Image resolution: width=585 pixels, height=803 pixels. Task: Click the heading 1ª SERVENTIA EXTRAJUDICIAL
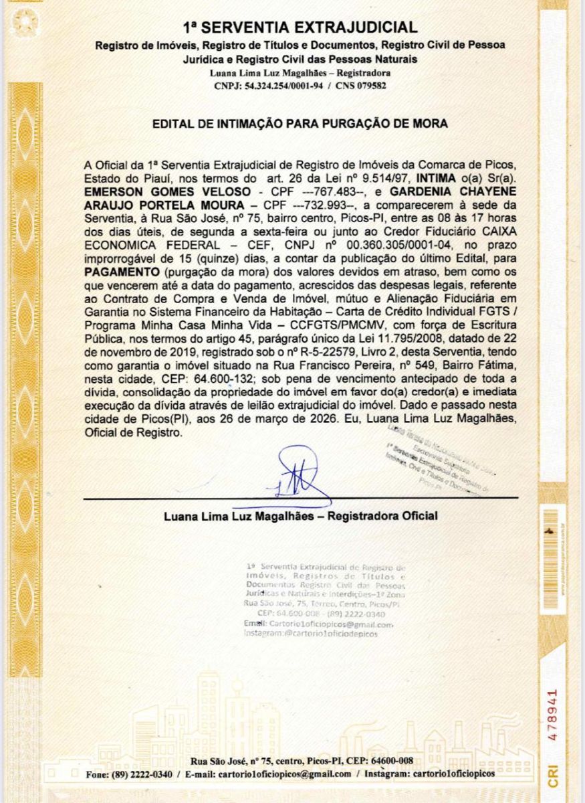click(x=300, y=27)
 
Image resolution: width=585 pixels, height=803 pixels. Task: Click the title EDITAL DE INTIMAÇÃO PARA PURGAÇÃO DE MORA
click(x=300, y=124)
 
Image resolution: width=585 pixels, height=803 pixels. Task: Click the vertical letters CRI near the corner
click(x=552, y=774)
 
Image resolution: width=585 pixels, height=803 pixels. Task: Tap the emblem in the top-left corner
click(x=25, y=25)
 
